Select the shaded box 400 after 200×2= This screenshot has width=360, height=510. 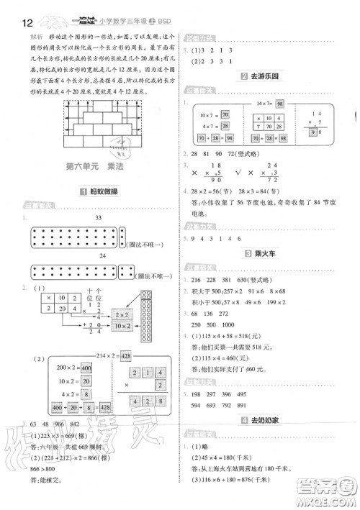point(86,367)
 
